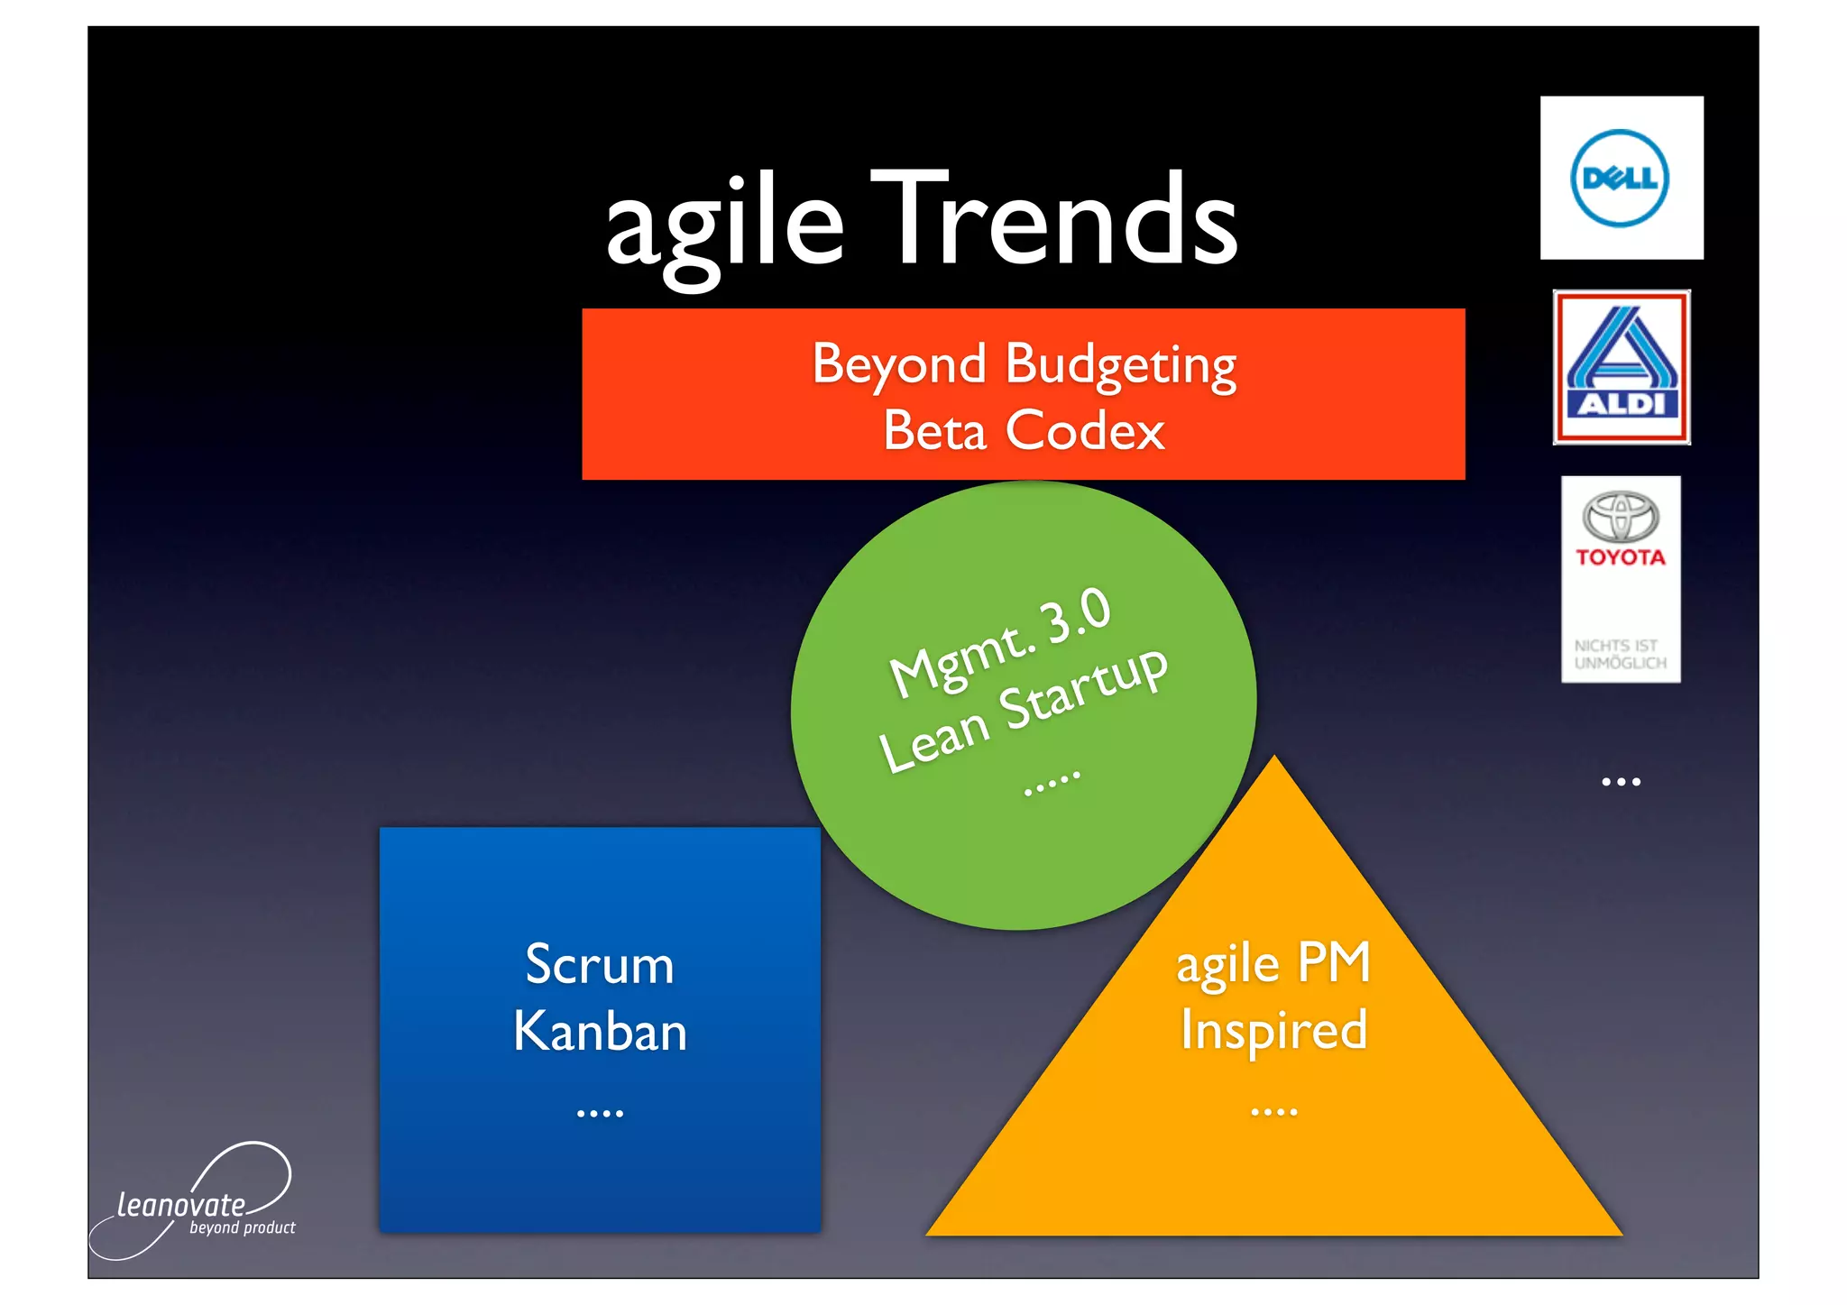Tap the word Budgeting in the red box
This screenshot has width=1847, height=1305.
coord(1120,365)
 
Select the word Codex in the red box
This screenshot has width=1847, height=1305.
coord(1085,430)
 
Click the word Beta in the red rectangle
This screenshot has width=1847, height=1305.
coord(934,431)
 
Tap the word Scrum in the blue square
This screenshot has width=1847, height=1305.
coord(600,965)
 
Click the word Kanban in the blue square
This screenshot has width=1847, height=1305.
coord(600,1031)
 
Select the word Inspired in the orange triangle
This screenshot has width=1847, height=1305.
coord(1273,1031)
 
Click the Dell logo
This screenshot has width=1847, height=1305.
coord(1620,179)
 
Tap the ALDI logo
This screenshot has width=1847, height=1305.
coord(1621,368)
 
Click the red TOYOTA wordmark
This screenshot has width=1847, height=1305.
coord(1621,557)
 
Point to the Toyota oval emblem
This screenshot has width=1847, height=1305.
coord(1621,517)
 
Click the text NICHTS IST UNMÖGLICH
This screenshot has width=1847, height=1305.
coord(1620,655)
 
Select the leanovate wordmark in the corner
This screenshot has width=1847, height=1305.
coord(181,1206)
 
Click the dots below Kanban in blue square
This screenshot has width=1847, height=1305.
coord(600,1114)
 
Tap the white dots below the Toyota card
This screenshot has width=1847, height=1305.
coord(1621,782)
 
